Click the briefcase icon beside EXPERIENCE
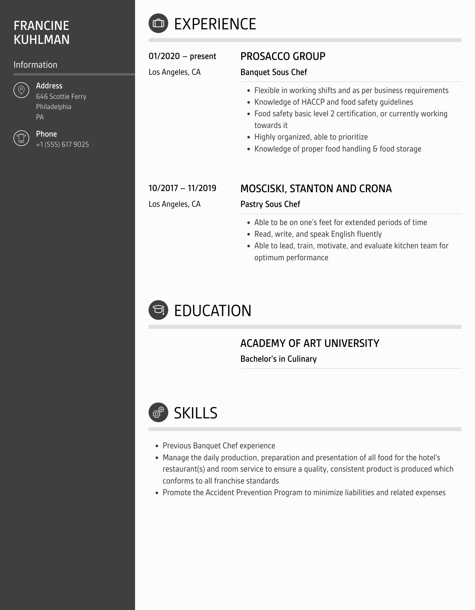[158, 23]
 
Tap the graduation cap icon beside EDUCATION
[158, 310]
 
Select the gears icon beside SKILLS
[158, 412]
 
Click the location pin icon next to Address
[21, 90]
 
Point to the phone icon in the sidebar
[21, 138]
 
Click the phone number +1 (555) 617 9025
[62, 145]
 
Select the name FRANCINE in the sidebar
[41, 26]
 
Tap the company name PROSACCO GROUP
[283, 56]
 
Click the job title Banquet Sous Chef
[274, 72]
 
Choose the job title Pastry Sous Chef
[270, 204]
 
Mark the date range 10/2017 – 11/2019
[182, 188]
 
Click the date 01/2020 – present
[182, 56]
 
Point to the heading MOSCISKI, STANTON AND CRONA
[316, 189]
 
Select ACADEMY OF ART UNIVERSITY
[310, 343]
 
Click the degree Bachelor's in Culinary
[278, 359]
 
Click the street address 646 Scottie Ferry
[61, 97]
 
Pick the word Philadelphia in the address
[54, 107]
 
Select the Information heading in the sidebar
[36, 65]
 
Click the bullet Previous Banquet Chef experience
[219, 446]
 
